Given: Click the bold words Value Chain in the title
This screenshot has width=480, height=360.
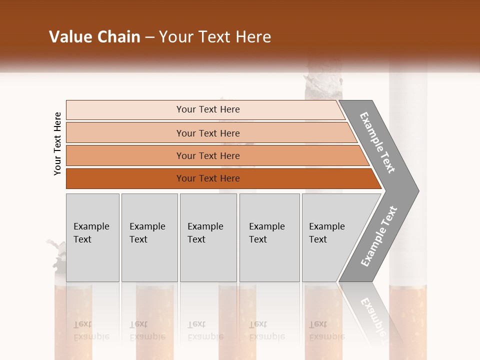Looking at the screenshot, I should (94, 37).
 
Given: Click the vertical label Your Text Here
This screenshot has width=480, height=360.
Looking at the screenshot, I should (57, 143).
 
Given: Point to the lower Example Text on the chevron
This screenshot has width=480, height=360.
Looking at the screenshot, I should (379, 236).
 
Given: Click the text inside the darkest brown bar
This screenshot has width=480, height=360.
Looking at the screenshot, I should (208, 178).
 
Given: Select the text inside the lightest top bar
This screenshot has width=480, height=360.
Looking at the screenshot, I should (208, 109).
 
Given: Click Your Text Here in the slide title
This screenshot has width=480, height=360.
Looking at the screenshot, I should (215, 37).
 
